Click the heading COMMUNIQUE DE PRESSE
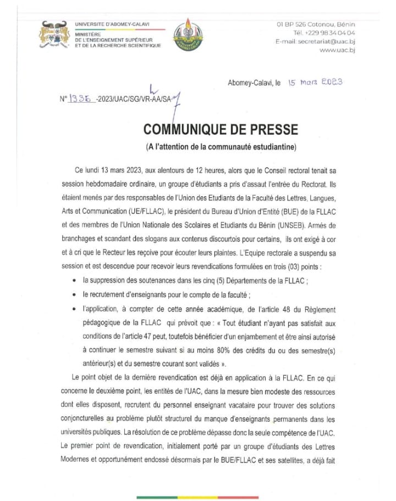click(x=221, y=130)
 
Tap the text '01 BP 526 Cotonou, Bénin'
click(x=316, y=24)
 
